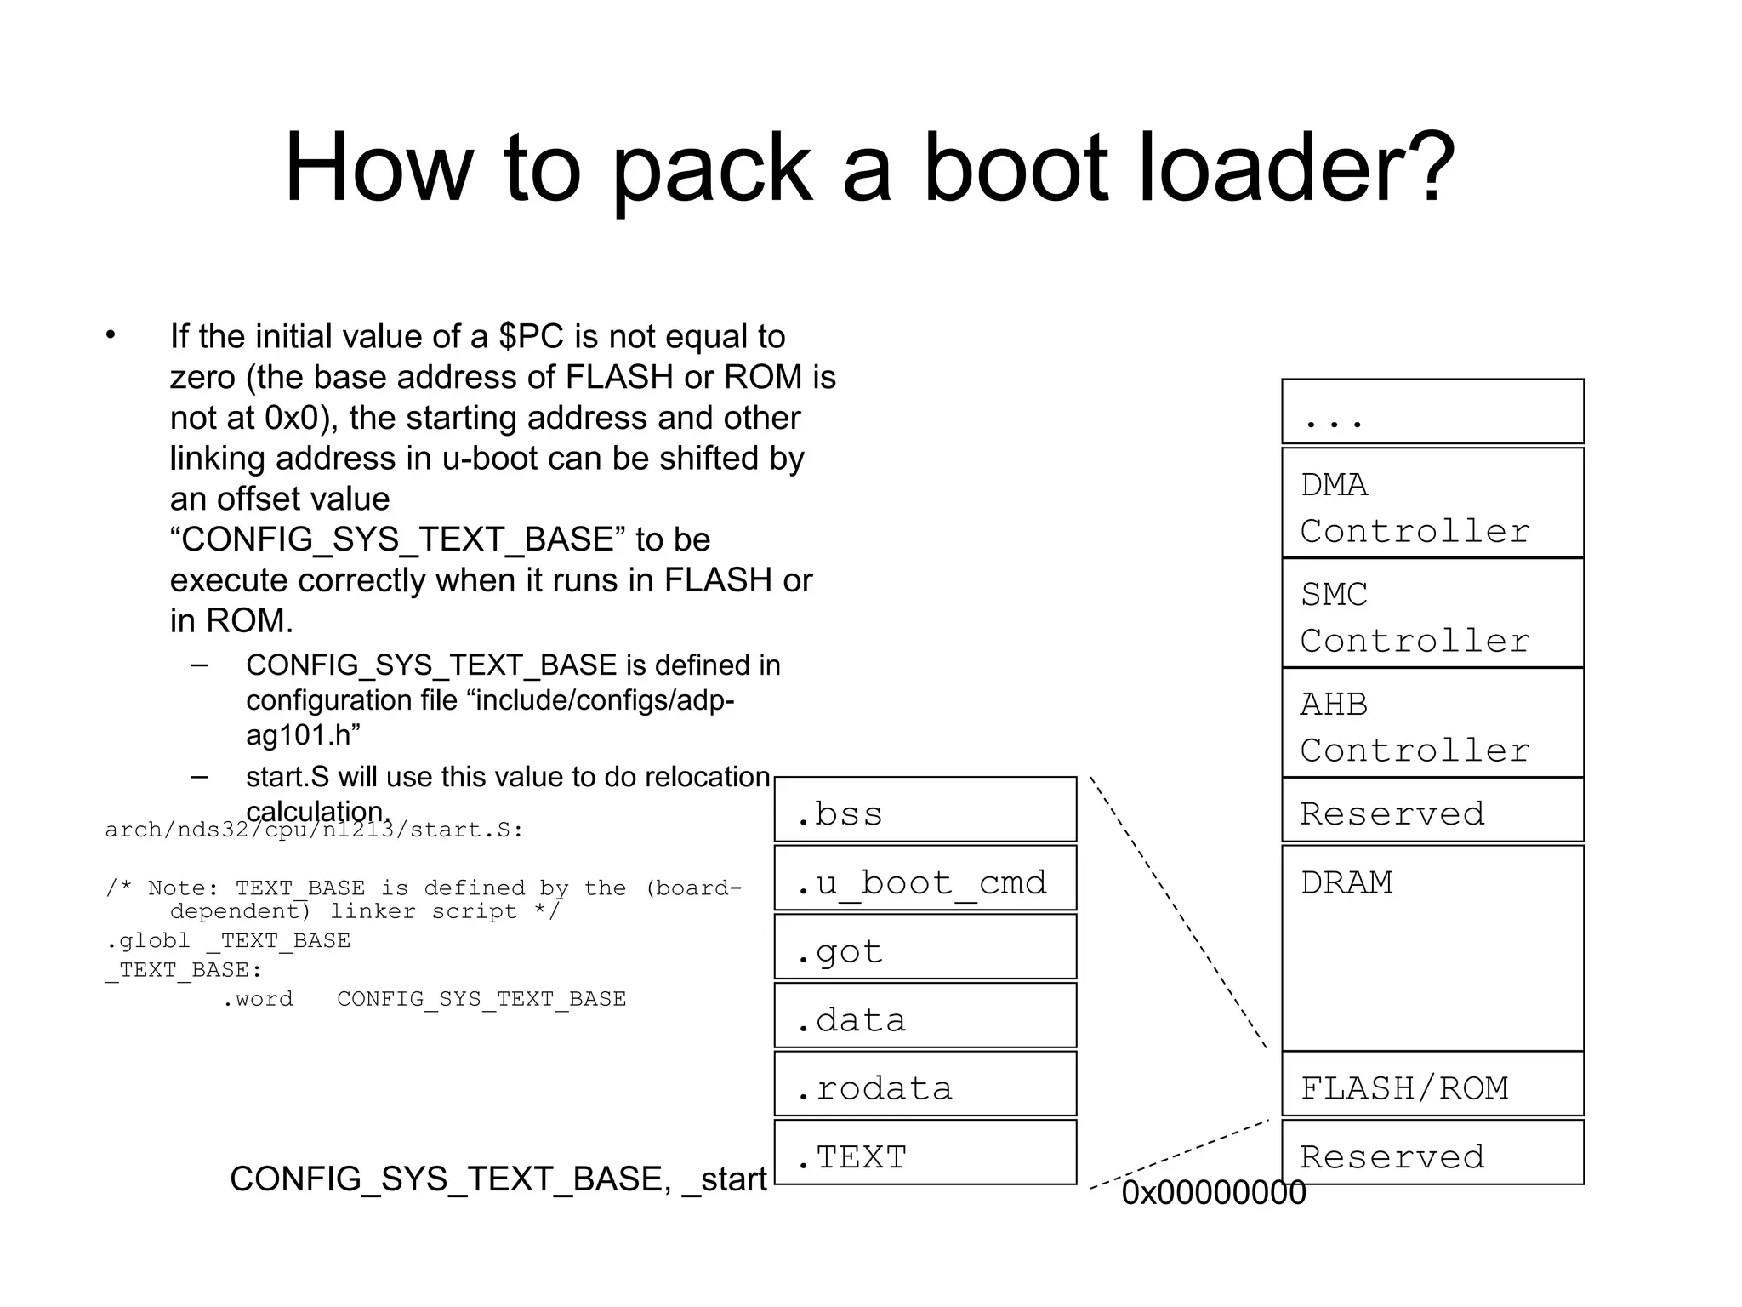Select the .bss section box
[x=925, y=809]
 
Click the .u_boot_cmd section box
[x=925, y=878]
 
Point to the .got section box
[x=925, y=947]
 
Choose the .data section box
[x=925, y=1016]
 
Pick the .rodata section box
[x=925, y=1084]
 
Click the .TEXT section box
[x=925, y=1153]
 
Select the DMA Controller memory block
[x=1432, y=503]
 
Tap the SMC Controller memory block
[x=1432, y=614]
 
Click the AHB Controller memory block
[x=1432, y=723]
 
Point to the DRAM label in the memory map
[x=1346, y=882]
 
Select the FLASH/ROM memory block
[x=1432, y=1084]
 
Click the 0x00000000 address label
[x=1213, y=1193]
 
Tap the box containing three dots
[x=1432, y=412]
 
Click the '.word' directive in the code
[x=258, y=999]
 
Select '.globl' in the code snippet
[x=148, y=941]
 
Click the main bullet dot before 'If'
[x=111, y=335]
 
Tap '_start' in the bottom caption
[x=725, y=1179]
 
